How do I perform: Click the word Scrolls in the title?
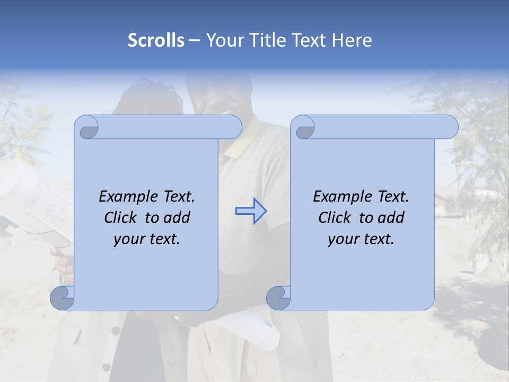click(x=156, y=40)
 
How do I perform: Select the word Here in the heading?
click(x=352, y=40)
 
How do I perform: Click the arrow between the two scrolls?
click(x=251, y=211)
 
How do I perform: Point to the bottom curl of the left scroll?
click(x=63, y=298)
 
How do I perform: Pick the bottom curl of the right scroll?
click(x=279, y=298)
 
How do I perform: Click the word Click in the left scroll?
click(x=121, y=218)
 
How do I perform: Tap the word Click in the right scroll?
click(x=335, y=218)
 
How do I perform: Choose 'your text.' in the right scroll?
click(x=361, y=239)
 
